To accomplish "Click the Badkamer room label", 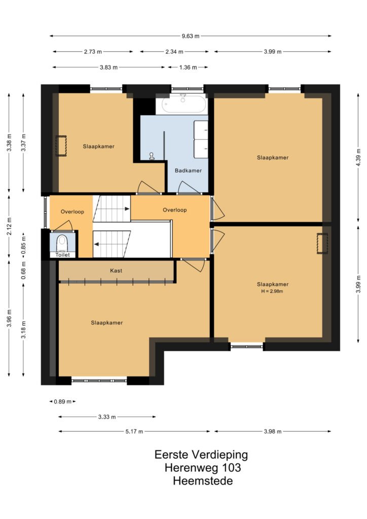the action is [188, 170].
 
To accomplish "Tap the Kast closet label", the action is [116, 271].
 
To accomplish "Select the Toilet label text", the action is [62, 254].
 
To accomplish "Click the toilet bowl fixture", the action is [62, 243].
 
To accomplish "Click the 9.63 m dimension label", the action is [191, 36].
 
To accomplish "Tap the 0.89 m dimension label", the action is [62, 401].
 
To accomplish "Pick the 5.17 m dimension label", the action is [134, 431].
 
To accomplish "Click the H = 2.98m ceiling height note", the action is [272, 291].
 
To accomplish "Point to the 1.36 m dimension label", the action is [188, 67].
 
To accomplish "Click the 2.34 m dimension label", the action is [174, 52].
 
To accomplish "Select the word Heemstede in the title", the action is [203, 480].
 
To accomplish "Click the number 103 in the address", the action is [230, 468].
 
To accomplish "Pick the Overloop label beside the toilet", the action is [72, 211].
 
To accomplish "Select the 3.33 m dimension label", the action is [107, 417].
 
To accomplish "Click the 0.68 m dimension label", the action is [23, 270].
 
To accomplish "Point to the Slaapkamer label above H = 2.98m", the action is [273, 284].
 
